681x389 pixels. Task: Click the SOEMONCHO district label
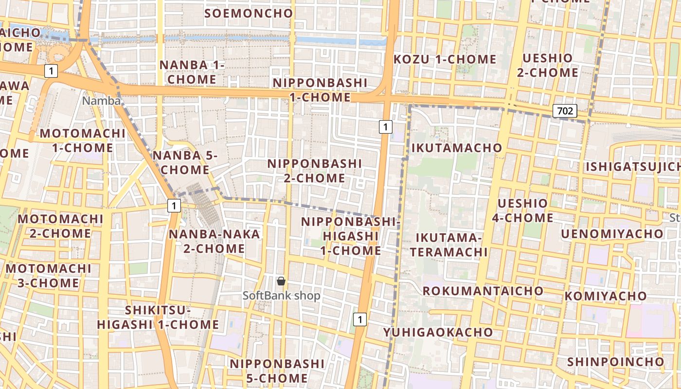(x=249, y=13)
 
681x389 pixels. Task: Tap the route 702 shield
(x=565, y=111)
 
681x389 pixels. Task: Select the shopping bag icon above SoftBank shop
(x=281, y=281)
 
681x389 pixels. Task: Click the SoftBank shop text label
(x=282, y=295)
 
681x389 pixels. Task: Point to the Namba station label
(x=101, y=101)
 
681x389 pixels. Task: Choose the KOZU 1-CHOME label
(x=445, y=59)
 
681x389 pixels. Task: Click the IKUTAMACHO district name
(x=456, y=148)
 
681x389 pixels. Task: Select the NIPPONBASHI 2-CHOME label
(x=315, y=171)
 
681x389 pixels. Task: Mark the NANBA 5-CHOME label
(x=185, y=162)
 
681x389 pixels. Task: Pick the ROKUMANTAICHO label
(x=483, y=291)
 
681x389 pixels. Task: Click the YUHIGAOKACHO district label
(x=438, y=332)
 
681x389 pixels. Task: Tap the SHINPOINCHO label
(x=615, y=362)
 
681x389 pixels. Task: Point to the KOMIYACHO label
(x=605, y=296)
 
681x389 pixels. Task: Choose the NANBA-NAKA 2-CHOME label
(x=214, y=241)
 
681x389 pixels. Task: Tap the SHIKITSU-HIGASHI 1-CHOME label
(x=158, y=317)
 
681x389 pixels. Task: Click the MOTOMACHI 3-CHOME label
(x=49, y=275)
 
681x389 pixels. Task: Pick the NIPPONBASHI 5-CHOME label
(x=277, y=371)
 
